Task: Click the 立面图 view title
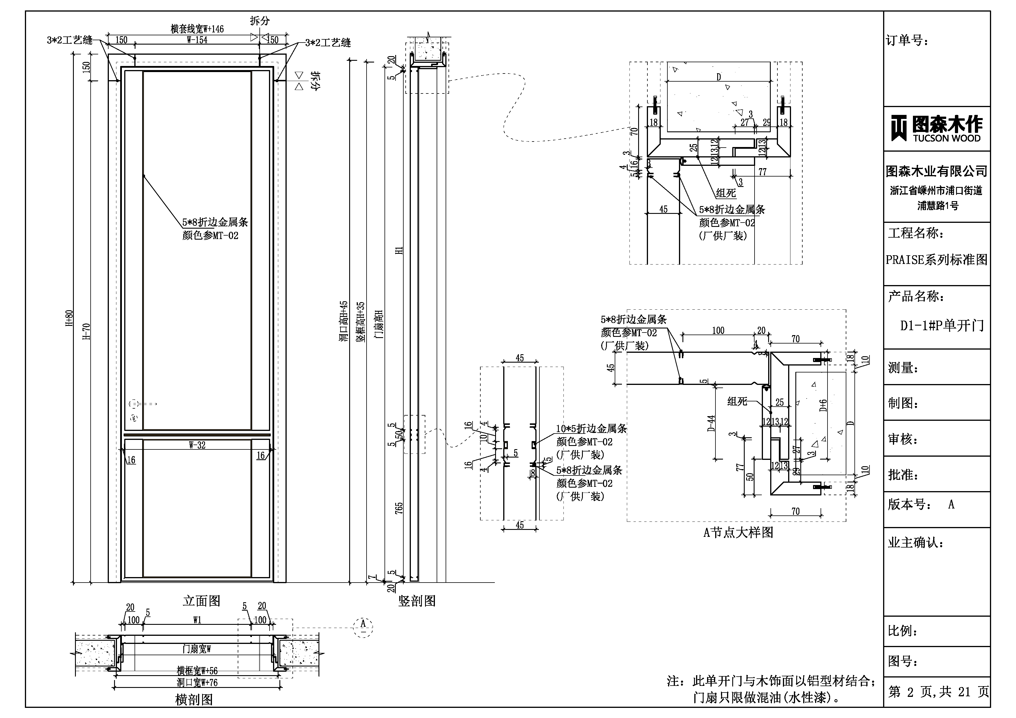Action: pyautogui.click(x=201, y=601)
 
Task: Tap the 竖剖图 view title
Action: pyautogui.click(x=417, y=601)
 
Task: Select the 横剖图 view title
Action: pyautogui.click(x=194, y=699)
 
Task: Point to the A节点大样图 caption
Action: pyautogui.click(x=738, y=532)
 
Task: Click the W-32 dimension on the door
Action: pyautogui.click(x=197, y=445)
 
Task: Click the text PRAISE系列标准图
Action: pyautogui.click(x=936, y=260)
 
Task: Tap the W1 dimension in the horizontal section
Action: pyautogui.click(x=197, y=620)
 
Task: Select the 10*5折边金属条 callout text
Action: pyautogui.click(x=591, y=429)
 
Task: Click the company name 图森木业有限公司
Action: pyautogui.click(x=936, y=171)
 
